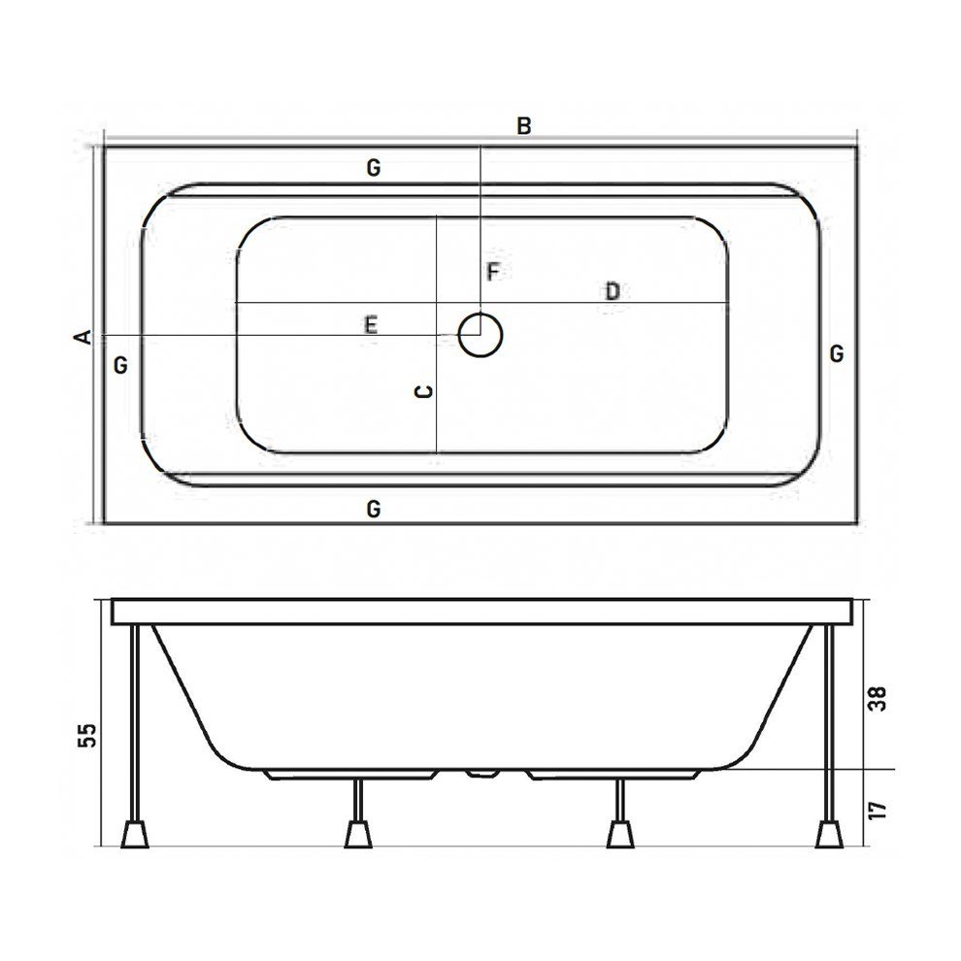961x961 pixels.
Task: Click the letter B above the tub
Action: tap(523, 126)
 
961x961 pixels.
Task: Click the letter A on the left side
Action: tap(83, 336)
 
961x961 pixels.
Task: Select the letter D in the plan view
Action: tap(613, 290)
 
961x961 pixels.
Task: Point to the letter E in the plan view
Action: tap(370, 325)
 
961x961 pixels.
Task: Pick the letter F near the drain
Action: tap(493, 272)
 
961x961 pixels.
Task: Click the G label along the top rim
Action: tap(373, 168)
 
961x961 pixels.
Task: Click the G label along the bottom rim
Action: tap(373, 507)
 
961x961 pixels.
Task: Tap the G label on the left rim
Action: tap(120, 366)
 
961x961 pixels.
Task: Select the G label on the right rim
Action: tap(837, 353)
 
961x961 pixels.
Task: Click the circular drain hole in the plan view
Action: tap(480, 335)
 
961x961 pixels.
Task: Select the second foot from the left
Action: tap(359, 832)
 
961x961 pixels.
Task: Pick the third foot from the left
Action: tap(618, 832)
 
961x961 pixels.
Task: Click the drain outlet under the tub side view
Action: tap(480, 774)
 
